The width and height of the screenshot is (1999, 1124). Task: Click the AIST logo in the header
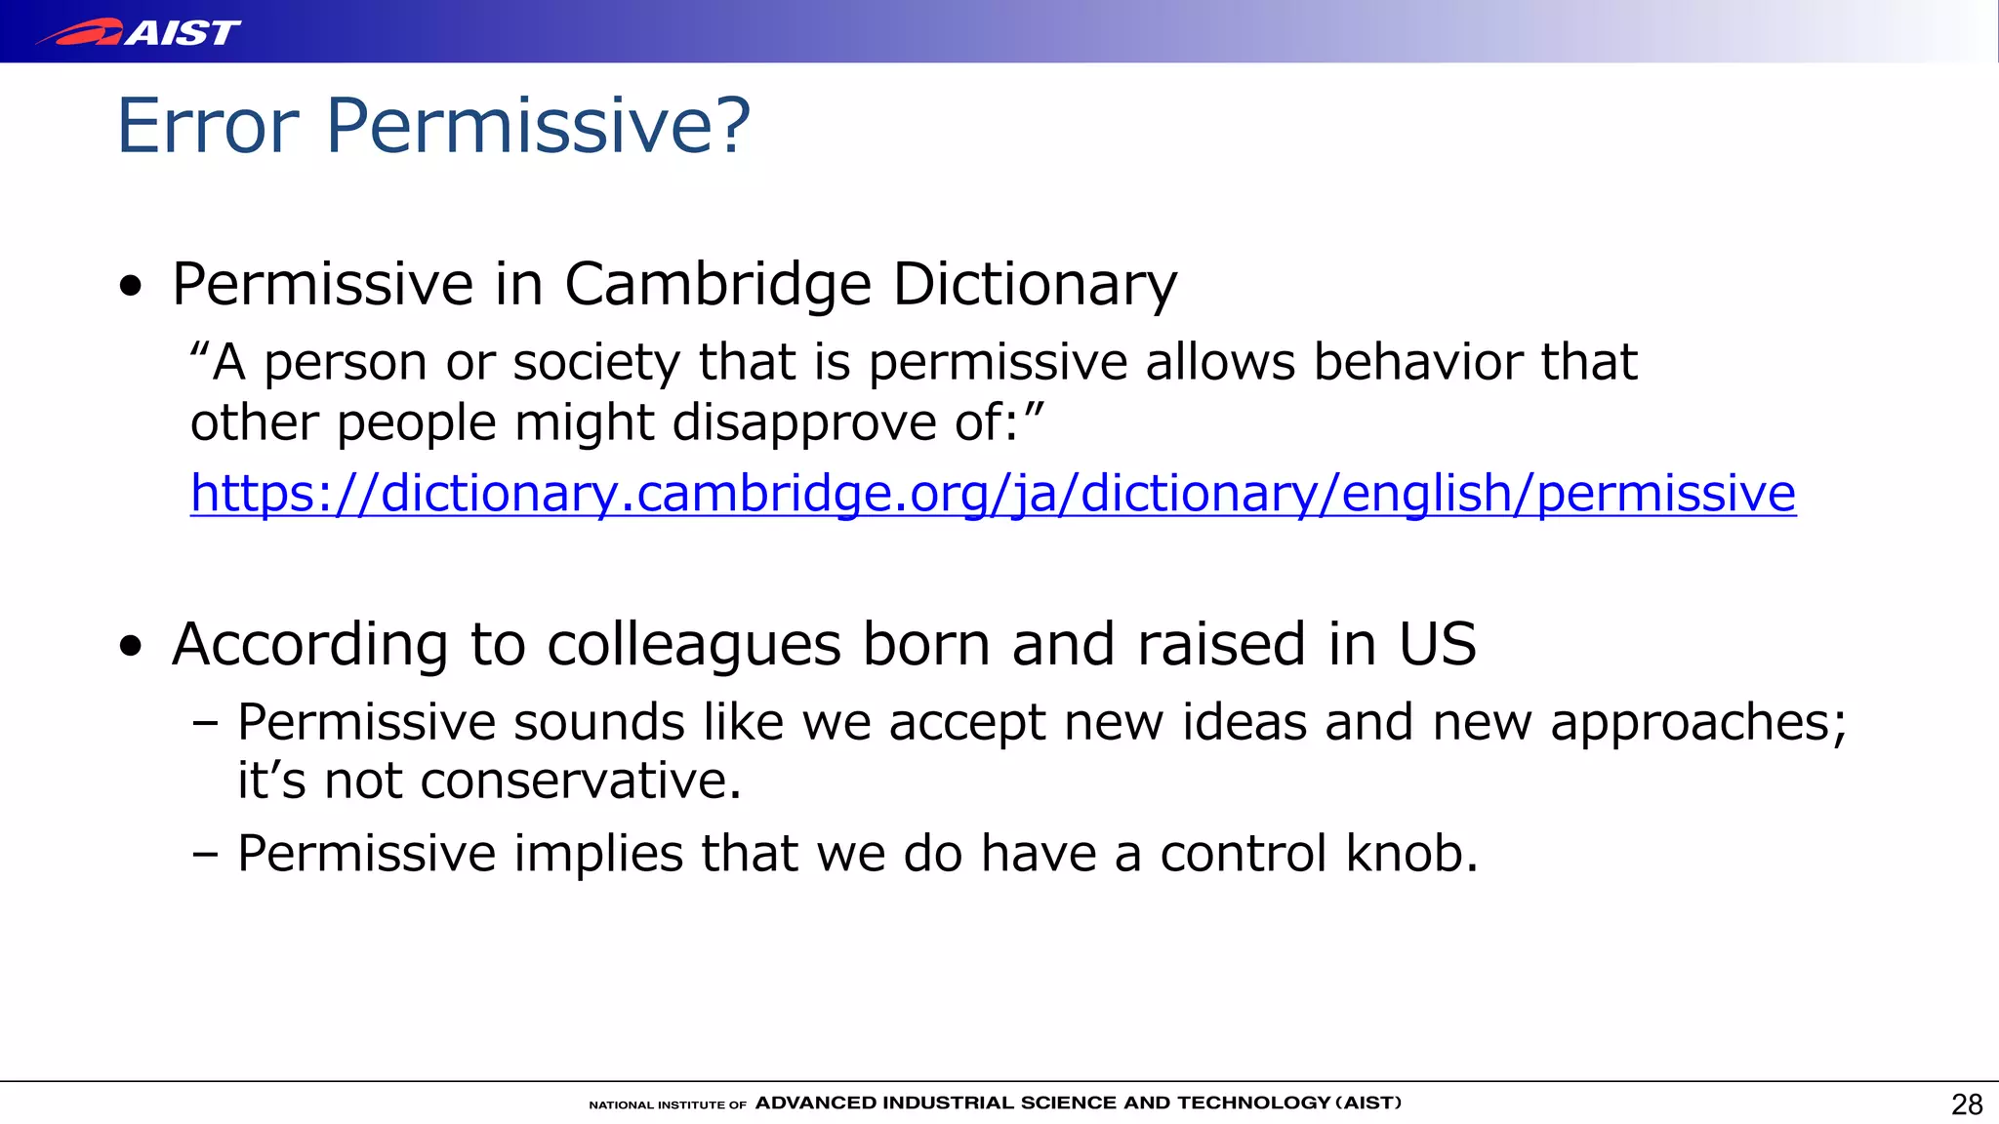(x=139, y=32)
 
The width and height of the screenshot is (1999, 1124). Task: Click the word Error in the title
(x=208, y=126)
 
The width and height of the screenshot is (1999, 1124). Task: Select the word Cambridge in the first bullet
(x=717, y=285)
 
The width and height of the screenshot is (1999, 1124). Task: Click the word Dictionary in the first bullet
(x=1035, y=285)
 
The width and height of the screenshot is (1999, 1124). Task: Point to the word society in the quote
(x=595, y=363)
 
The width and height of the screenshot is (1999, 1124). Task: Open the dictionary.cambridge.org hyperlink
(x=993, y=493)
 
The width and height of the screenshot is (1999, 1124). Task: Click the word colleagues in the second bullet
(x=693, y=645)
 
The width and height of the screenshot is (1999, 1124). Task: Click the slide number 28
(x=1966, y=1104)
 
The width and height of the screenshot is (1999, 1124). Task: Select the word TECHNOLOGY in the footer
(x=1253, y=1104)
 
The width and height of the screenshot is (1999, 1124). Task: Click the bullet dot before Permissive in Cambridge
(x=131, y=287)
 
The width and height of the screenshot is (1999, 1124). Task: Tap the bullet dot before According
(x=131, y=647)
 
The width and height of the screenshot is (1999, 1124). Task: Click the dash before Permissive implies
(x=205, y=854)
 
